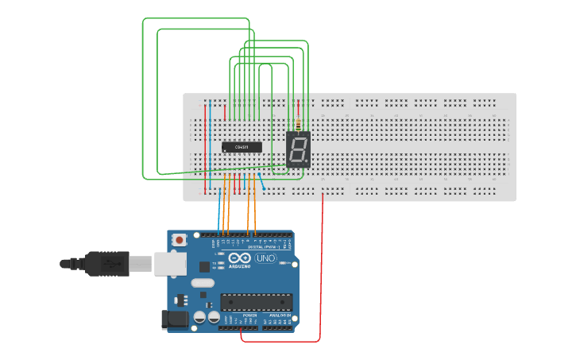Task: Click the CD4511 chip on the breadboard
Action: point(242,147)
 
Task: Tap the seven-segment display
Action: point(298,149)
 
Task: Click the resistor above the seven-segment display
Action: point(298,125)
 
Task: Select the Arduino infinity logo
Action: point(239,257)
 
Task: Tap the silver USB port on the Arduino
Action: point(168,263)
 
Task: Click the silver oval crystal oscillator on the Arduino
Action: point(203,283)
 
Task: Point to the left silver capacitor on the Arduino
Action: point(199,317)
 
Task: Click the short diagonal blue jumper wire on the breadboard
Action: point(261,182)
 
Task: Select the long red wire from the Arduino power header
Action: point(322,270)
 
